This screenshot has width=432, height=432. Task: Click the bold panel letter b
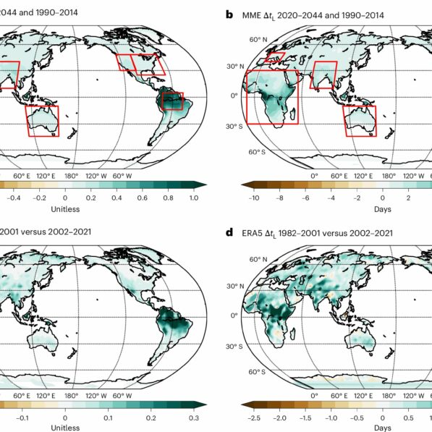coord(229,14)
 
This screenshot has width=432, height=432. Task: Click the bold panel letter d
coord(229,234)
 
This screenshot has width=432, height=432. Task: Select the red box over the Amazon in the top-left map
coord(173,101)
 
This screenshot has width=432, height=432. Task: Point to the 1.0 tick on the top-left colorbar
coord(193,197)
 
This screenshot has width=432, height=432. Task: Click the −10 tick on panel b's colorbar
coord(254,197)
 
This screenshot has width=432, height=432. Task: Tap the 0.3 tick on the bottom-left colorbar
coord(193,417)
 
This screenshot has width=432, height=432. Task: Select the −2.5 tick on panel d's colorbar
coord(254,417)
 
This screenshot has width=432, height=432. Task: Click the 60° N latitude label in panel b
coord(239,40)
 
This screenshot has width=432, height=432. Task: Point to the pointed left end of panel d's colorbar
coord(246,405)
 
